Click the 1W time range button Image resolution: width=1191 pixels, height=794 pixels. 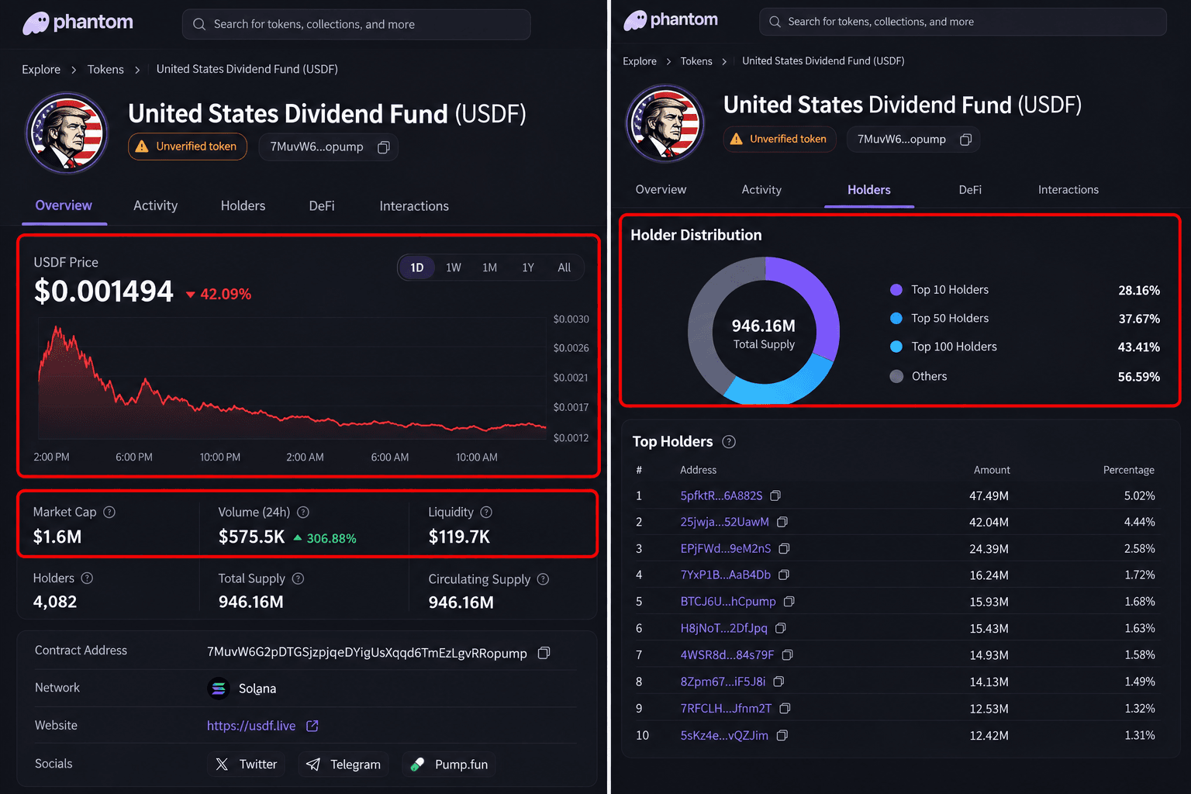[x=453, y=268]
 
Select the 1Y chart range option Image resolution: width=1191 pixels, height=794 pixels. [x=527, y=268]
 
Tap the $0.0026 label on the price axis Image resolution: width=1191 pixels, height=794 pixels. [x=571, y=348]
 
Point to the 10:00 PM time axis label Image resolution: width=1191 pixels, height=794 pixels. [x=219, y=457]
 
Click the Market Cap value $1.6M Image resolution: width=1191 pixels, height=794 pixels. [x=57, y=537]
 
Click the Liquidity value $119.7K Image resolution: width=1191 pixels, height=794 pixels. [x=459, y=537]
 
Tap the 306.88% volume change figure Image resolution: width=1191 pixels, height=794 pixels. [x=331, y=538]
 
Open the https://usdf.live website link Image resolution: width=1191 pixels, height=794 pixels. [x=251, y=726]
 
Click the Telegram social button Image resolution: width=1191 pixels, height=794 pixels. [x=343, y=765]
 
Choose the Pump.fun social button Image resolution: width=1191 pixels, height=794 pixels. [x=449, y=765]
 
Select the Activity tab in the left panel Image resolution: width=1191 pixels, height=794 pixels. [x=155, y=205]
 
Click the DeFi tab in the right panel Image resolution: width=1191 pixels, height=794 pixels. [x=970, y=190]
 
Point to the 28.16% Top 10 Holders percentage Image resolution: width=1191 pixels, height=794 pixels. [x=1138, y=290]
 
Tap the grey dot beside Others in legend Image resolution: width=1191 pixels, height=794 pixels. [x=896, y=377]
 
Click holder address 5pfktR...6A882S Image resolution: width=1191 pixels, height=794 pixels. [x=721, y=495]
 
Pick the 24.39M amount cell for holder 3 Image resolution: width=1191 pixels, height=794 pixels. [x=989, y=549]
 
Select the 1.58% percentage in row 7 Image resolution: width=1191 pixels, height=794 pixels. [x=1139, y=654]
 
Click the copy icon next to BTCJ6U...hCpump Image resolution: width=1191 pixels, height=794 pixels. [x=789, y=602]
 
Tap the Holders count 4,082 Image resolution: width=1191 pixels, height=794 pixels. [x=55, y=602]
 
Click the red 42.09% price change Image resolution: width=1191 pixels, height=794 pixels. [x=226, y=294]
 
